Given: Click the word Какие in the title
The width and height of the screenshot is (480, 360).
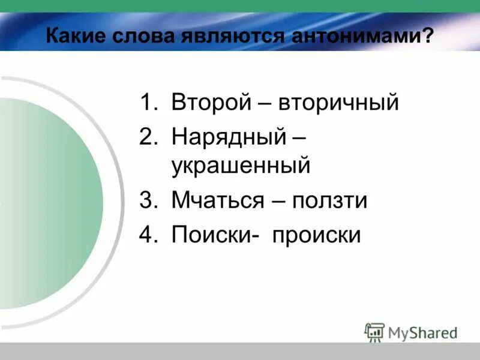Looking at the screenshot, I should (76, 35).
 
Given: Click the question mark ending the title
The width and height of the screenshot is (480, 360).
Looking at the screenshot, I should (427, 35).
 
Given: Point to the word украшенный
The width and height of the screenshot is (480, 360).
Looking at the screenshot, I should (241, 165).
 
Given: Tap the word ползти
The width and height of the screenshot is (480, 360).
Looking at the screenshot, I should (329, 200).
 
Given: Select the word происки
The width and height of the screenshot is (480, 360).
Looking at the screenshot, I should (317, 234).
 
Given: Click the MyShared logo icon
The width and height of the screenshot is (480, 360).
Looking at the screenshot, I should (374, 332).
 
